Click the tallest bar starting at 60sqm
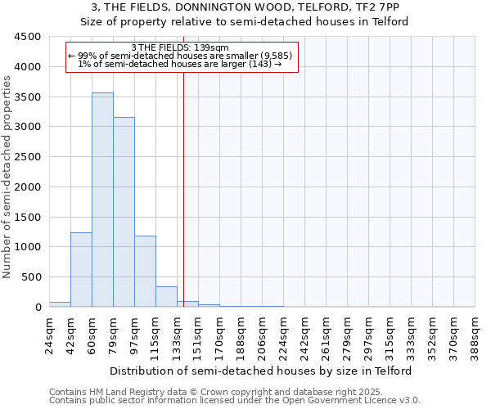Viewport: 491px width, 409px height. pos(102,200)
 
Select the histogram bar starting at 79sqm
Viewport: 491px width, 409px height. pos(124,212)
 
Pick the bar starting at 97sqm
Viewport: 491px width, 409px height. pos(145,271)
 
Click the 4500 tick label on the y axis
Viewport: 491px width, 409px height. pos(27,37)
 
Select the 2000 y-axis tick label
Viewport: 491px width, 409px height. pos(27,187)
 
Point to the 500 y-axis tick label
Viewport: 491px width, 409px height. pos(30,277)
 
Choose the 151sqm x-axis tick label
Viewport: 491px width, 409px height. pos(200,335)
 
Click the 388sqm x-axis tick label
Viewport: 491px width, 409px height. pos(476,335)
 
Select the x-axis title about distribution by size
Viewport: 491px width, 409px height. pos(262,371)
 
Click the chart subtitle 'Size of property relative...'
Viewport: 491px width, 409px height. pos(245,21)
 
